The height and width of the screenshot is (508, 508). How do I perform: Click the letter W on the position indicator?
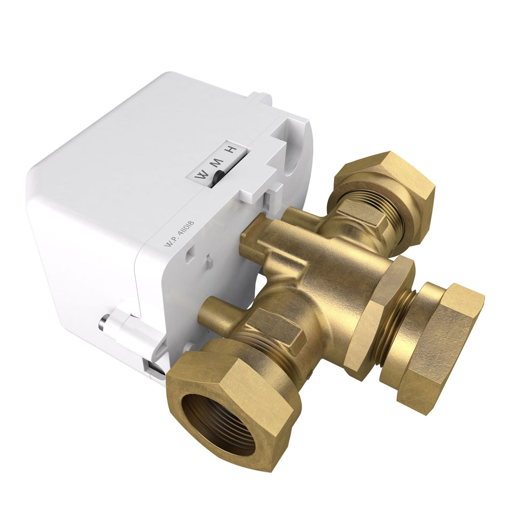point(202,174)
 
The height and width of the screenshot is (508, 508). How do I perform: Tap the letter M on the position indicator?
point(217,162)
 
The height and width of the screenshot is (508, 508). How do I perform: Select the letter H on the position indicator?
point(230,150)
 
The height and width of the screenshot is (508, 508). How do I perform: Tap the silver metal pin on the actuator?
point(103,323)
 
